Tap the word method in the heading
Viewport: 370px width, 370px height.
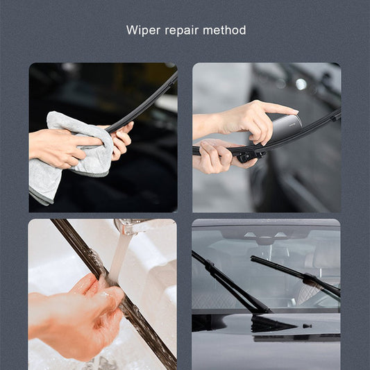click(x=228, y=31)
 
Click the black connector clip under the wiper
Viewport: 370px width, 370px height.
click(x=247, y=155)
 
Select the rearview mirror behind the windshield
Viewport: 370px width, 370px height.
click(x=267, y=239)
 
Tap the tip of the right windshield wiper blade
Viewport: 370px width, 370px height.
click(x=253, y=258)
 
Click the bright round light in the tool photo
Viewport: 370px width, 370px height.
click(x=301, y=84)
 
